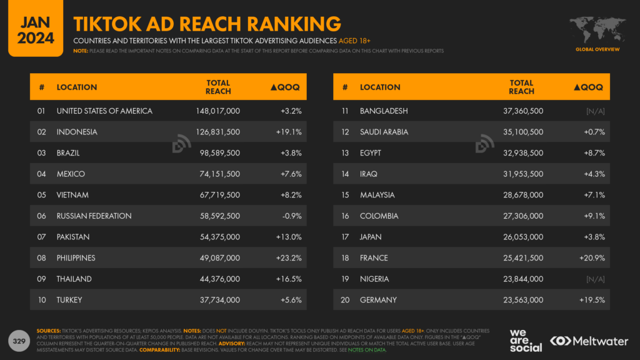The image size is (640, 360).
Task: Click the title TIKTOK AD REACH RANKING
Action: [207, 23]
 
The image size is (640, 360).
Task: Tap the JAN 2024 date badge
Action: [31, 29]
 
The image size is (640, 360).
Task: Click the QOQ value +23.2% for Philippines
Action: [289, 257]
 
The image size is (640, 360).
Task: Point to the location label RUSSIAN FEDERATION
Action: [94, 216]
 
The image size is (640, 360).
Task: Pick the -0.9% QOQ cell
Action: [291, 216]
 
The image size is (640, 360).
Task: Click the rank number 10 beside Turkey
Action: [42, 300]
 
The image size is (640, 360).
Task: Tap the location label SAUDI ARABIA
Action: [384, 132]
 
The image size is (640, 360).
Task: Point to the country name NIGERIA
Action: [374, 279]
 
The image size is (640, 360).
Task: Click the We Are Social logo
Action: [525, 340]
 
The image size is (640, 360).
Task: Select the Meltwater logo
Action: [590, 341]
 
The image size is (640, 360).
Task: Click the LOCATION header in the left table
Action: [77, 87]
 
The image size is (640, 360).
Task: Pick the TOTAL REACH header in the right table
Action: [521, 87]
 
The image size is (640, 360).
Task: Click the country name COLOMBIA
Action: [379, 216]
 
